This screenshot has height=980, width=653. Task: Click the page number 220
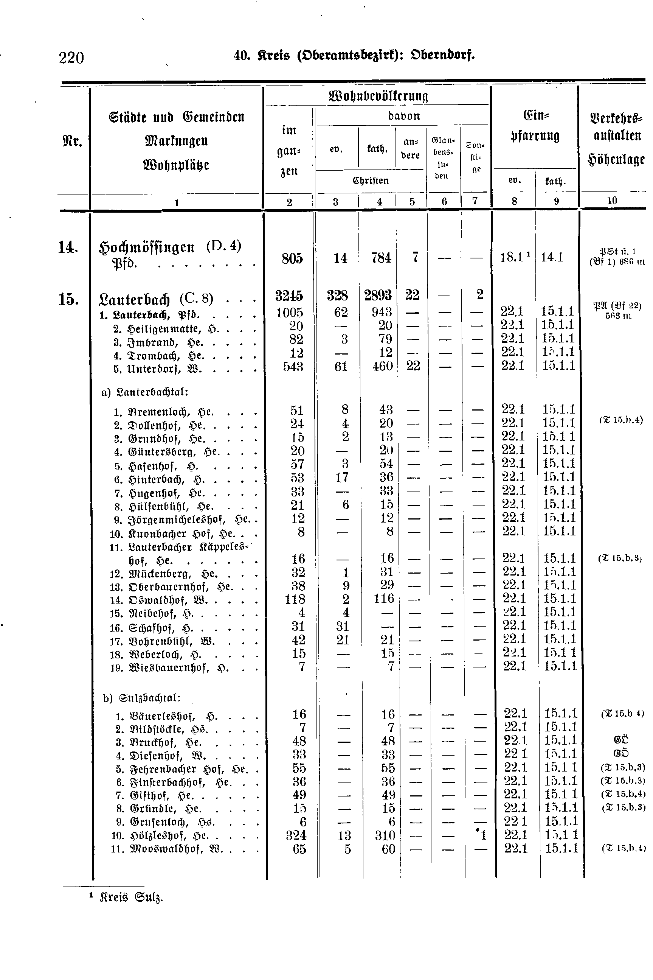(x=71, y=58)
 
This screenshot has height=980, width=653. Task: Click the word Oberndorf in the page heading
(x=443, y=55)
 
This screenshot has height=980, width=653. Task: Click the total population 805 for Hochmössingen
(x=292, y=258)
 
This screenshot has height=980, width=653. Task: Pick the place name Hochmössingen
(x=147, y=247)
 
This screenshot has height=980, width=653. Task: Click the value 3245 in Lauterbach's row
(x=289, y=296)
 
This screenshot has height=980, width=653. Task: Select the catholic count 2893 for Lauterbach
(x=377, y=295)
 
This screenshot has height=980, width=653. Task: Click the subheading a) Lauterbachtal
(x=145, y=392)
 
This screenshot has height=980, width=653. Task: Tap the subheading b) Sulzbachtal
(x=141, y=698)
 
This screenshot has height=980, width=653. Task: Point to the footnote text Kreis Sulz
(x=131, y=897)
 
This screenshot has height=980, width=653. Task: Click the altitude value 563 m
(x=618, y=316)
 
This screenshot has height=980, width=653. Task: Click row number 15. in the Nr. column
(x=69, y=299)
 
